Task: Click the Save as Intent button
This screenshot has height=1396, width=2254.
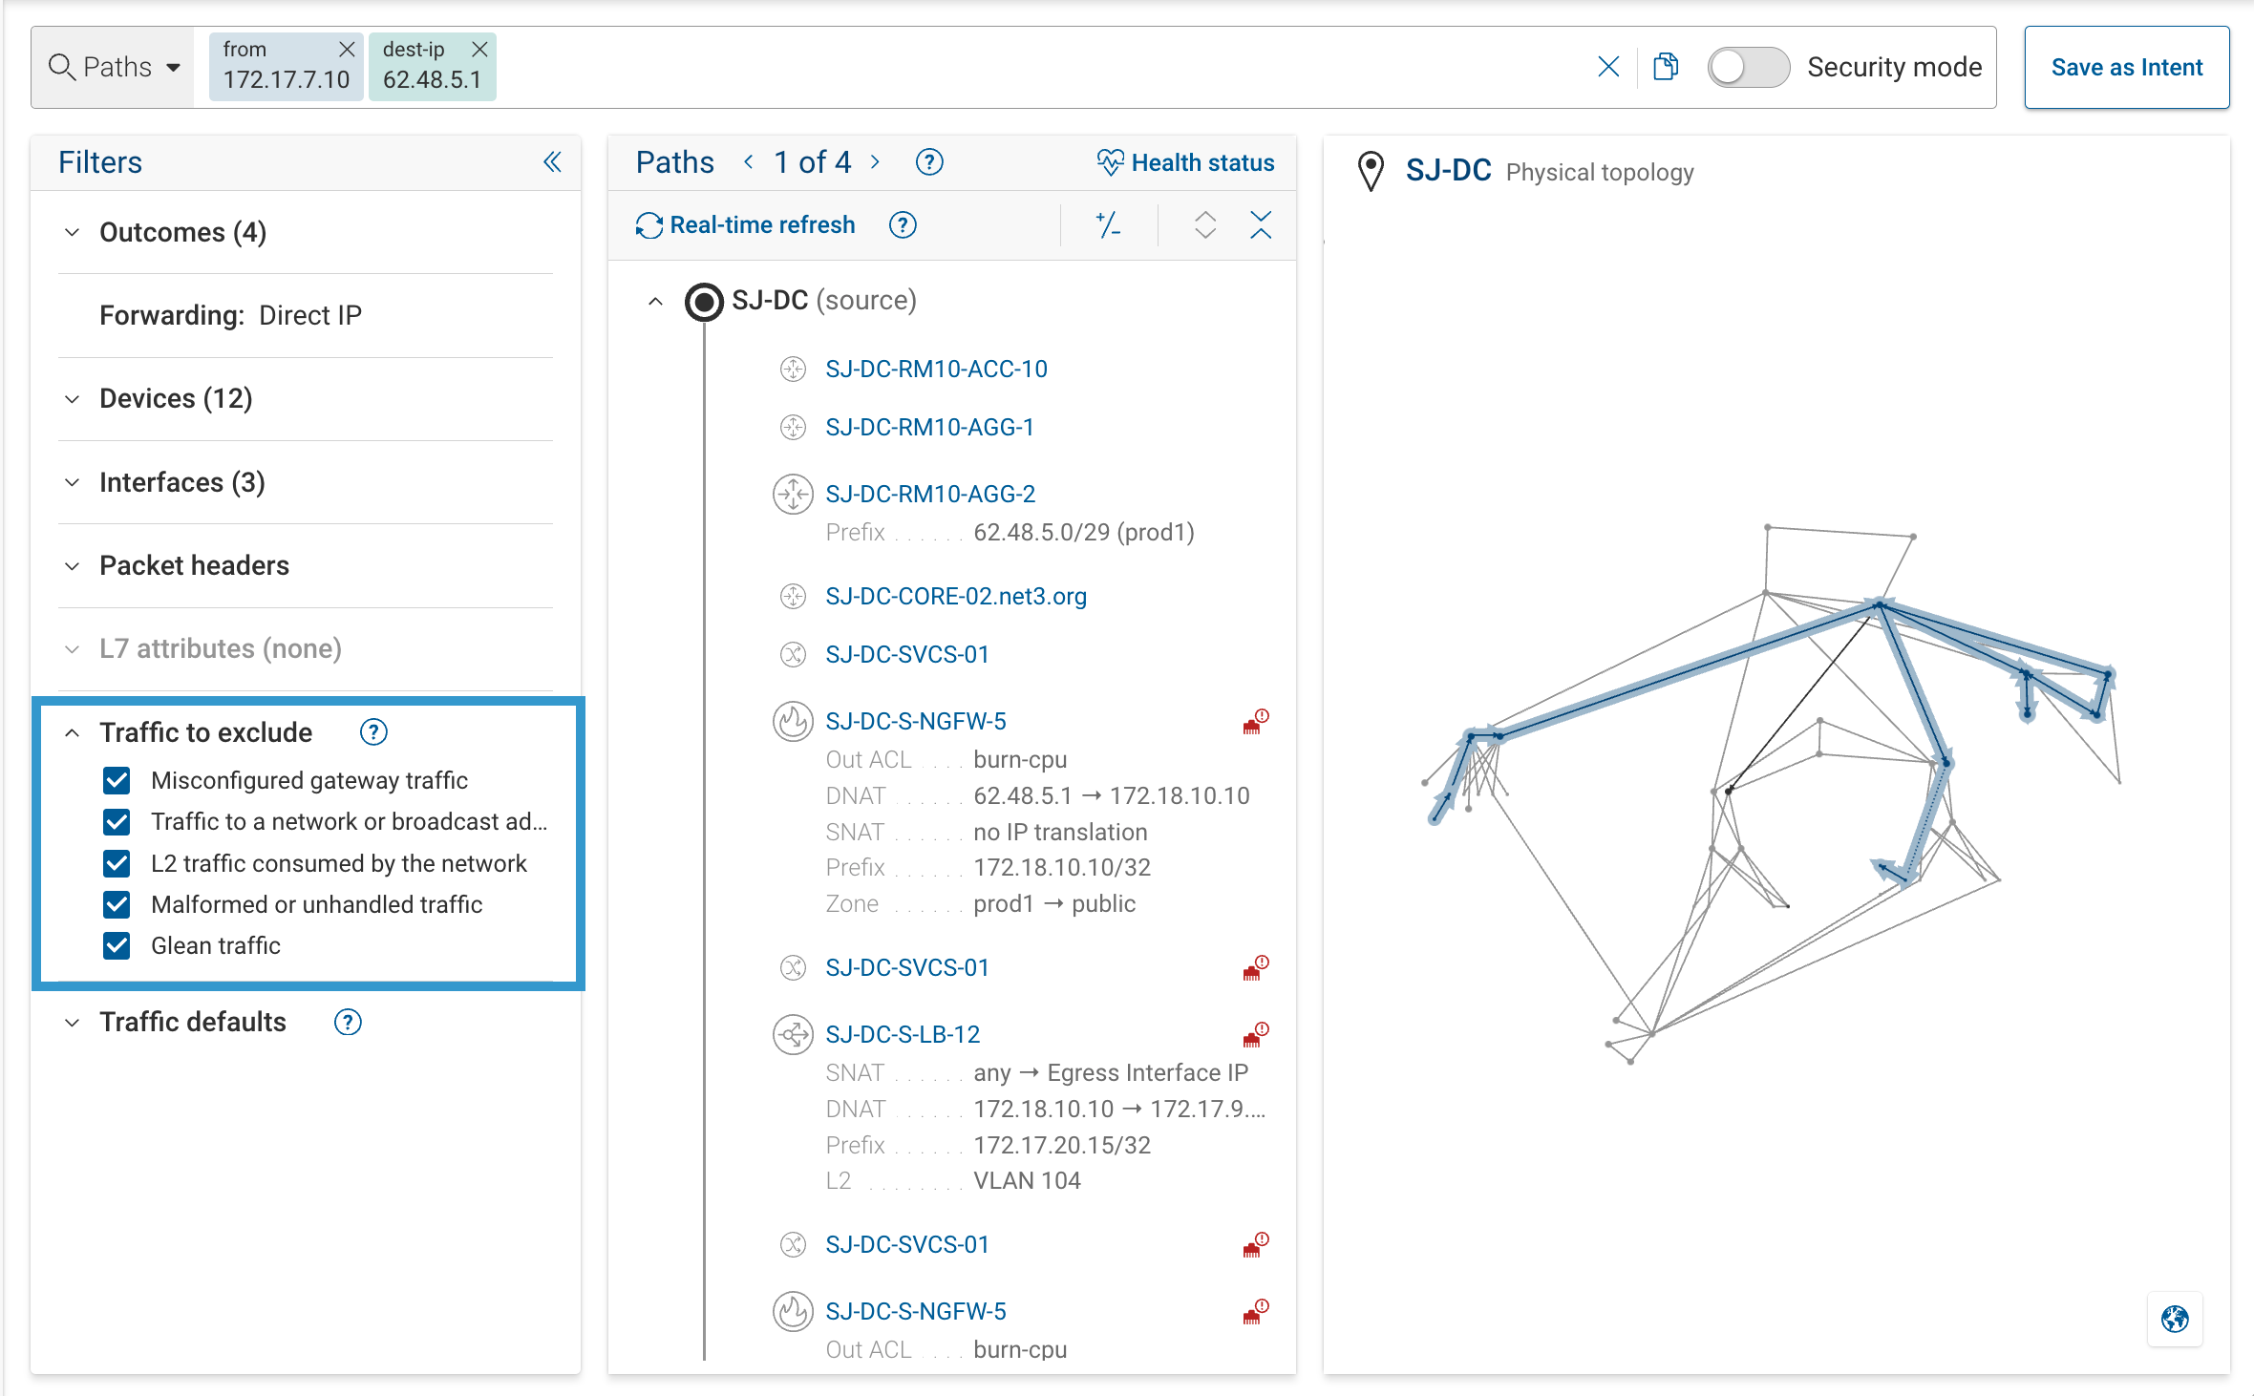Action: tap(2126, 68)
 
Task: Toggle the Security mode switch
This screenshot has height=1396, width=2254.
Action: tap(1748, 68)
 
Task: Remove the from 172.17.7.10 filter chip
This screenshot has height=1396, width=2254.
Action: tap(347, 49)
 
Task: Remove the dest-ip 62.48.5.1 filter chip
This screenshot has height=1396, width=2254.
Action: tap(479, 49)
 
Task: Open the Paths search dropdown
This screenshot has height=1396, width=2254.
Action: tap(115, 68)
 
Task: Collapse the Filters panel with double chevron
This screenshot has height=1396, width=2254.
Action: tap(552, 162)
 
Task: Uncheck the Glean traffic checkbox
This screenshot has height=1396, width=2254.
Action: tap(117, 945)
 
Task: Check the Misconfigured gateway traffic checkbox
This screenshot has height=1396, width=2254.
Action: tap(117, 780)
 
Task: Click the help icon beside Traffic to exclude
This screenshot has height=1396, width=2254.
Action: tap(372, 732)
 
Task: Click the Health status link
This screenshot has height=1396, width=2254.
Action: tap(1185, 162)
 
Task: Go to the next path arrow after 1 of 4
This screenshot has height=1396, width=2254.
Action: tap(875, 162)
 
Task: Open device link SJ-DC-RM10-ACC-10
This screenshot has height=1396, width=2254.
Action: tap(935, 369)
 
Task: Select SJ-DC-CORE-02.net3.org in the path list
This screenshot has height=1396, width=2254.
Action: tap(955, 596)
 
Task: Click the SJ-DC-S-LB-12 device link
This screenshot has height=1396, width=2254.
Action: tap(902, 1034)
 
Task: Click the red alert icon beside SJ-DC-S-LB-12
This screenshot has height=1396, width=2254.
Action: tap(1255, 1034)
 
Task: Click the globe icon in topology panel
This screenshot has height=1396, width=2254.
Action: tap(2175, 1319)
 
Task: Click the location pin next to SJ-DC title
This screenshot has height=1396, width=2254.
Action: tap(1371, 172)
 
